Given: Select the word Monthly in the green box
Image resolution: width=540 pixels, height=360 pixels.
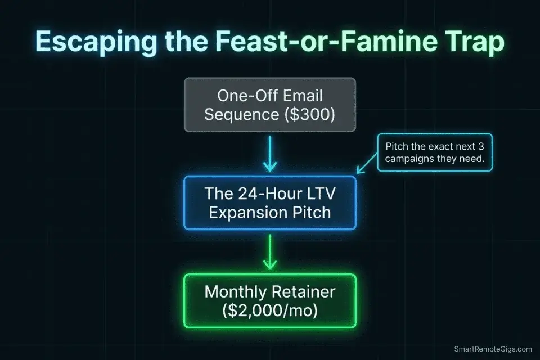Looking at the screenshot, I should [235, 292].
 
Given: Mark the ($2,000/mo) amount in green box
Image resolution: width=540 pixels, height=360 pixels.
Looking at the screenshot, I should [270, 310].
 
